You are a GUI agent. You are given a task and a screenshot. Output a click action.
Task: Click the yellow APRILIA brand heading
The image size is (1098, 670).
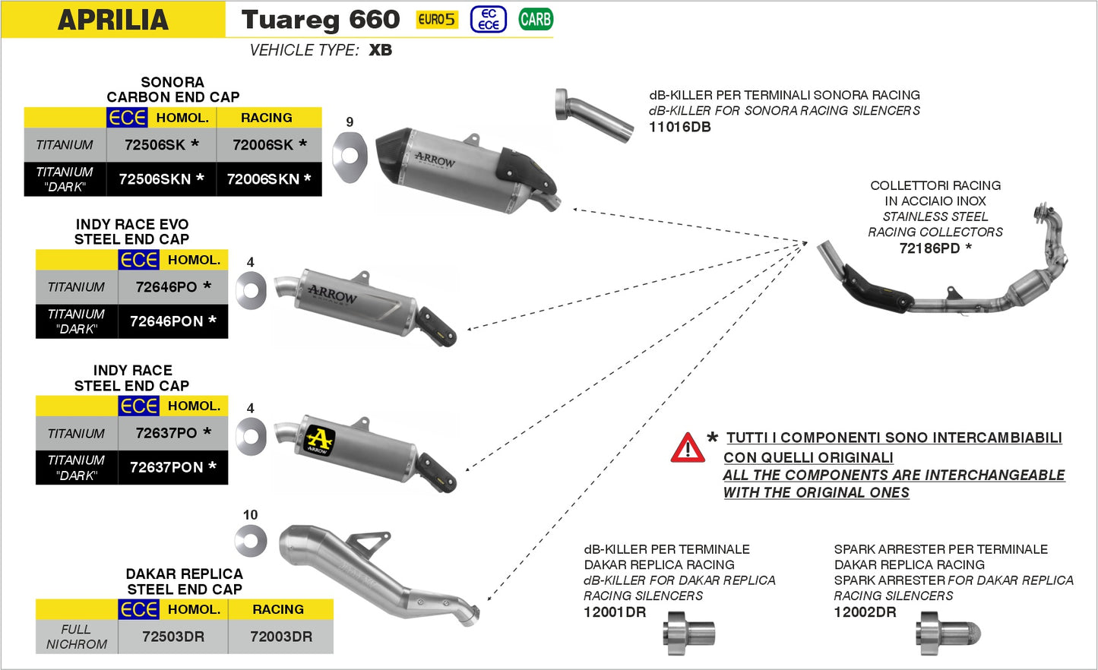(x=113, y=20)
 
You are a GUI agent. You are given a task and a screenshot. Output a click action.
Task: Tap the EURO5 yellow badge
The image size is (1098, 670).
(x=437, y=20)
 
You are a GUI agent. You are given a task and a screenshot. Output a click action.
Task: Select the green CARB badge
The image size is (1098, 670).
(x=536, y=20)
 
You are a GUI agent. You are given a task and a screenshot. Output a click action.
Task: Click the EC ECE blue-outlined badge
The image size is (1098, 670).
(x=488, y=20)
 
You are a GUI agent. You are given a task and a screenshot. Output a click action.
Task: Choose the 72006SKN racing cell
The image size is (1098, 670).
(x=268, y=179)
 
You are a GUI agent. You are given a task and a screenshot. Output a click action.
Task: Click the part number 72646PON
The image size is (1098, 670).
(x=172, y=321)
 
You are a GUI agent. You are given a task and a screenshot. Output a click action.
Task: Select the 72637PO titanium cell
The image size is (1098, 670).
(x=172, y=433)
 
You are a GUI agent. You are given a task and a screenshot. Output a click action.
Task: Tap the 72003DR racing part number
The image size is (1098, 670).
(x=280, y=637)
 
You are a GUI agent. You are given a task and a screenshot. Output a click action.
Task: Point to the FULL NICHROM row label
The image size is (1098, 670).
(x=76, y=637)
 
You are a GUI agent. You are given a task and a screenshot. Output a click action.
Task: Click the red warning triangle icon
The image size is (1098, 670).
(x=687, y=448)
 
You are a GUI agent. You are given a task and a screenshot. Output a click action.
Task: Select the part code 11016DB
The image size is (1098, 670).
(x=679, y=128)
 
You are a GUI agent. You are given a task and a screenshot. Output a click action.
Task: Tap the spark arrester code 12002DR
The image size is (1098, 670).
(x=865, y=612)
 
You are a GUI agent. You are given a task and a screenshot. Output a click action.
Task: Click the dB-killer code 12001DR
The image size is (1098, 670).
(x=614, y=612)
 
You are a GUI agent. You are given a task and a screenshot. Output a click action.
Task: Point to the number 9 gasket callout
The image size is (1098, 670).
(x=350, y=122)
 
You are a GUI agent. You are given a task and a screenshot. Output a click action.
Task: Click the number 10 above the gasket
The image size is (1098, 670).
(x=250, y=515)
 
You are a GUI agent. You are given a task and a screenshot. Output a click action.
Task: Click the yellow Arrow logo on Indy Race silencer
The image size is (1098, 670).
(x=319, y=441)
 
